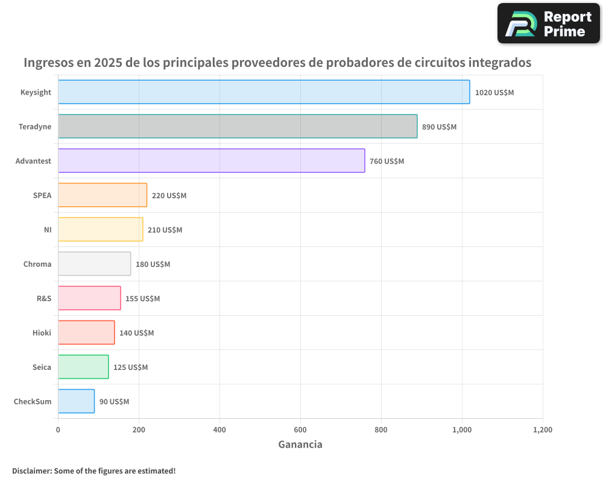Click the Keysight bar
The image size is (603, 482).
[x=264, y=92]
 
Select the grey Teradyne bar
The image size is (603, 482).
[x=238, y=127]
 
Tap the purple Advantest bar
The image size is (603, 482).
[x=211, y=161]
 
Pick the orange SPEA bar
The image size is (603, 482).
[x=103, y=195]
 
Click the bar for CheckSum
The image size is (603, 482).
[x=76, y=401]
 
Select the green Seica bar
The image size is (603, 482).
[x=83, y=367]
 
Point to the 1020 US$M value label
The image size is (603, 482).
[x=494, y=93]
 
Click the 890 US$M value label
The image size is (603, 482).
[x=439, y=127]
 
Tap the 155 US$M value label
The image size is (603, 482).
[x=142, y=299]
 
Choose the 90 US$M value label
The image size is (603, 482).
[x=114, y=402]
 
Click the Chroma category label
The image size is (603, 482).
[x=37, y=264]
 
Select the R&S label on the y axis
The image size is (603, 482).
[x=44, y=298]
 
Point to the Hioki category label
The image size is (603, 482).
[x=42, y=333]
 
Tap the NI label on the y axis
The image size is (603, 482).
[x=48, y=230]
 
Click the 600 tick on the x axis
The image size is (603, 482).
[x=300, y=430]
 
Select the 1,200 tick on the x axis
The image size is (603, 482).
[x=542, y=430]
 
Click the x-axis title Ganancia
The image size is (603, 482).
[x=300, y=445]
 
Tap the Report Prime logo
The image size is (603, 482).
[x=548, y=23]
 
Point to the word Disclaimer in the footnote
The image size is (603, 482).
[x=31, y=471]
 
